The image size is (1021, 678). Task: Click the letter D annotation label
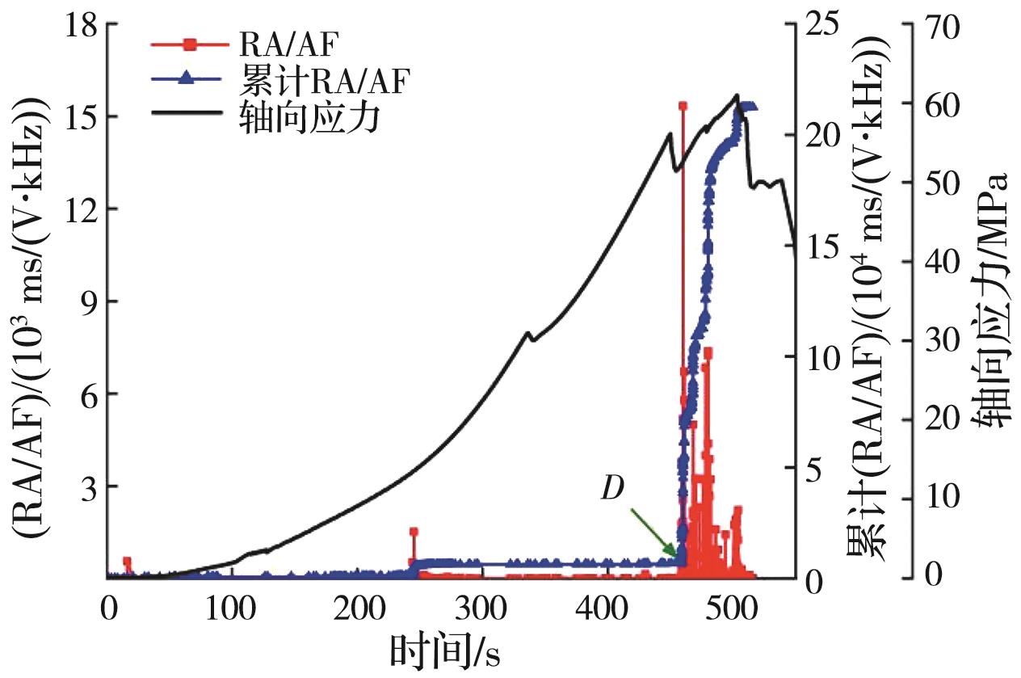(x=616, y=490)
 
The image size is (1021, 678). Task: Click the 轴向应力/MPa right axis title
(x=998, y=299)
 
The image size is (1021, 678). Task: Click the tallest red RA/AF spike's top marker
(x=683, y=106)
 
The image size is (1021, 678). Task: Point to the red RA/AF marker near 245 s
(x=414, y=533)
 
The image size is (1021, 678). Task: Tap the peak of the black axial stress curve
(x=736, y=95)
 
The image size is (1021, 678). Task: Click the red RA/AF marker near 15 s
(x=127, y=562)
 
